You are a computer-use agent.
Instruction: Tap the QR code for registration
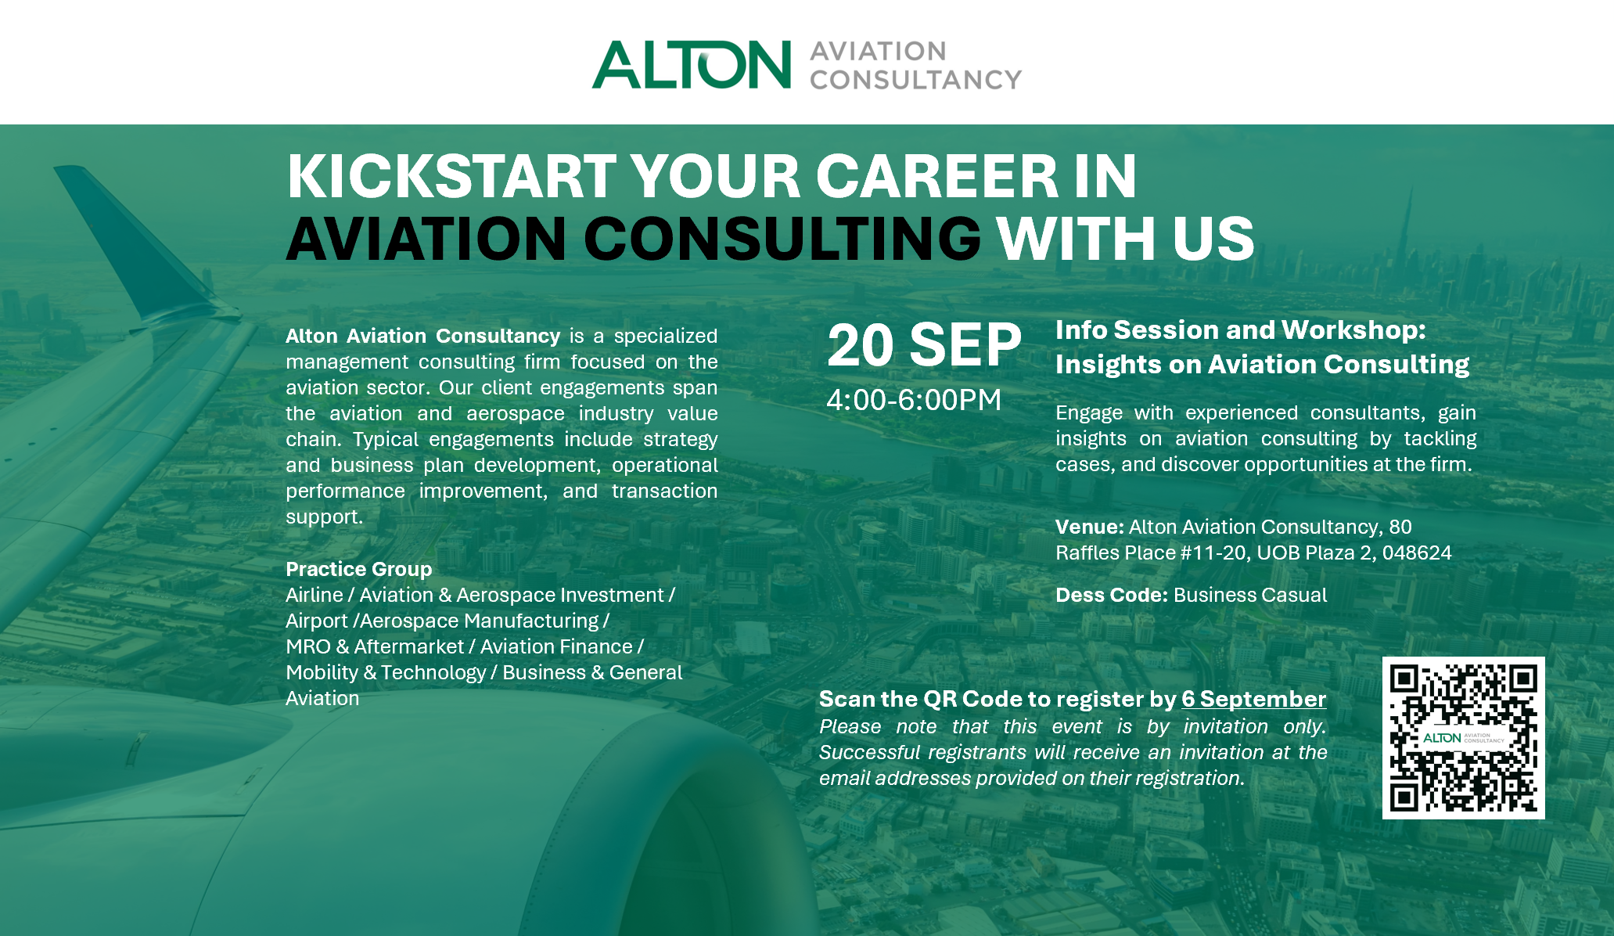(x=1463, y=738)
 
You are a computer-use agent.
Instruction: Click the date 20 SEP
(x=924, y=345)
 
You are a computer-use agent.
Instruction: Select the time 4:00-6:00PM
(x=914, y=400)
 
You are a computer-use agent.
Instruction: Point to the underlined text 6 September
(x=1253, y=699)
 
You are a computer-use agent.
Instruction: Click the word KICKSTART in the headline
(x=451, y=176)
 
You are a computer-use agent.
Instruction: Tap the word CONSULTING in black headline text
(x=782, y=239)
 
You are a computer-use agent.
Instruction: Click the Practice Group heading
(x=358, y=569)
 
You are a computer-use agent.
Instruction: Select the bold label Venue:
(x=1089, y=527)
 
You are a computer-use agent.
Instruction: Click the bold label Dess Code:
(x=1111, y=595)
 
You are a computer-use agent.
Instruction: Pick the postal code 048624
(x=1417, y=553)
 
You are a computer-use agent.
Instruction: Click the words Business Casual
(x=1250, y=595)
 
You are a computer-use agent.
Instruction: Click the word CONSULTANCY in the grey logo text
(x=915, y=80)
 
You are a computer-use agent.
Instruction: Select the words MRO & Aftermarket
(x=375, y=646)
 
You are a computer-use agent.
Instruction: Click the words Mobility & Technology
(x=386, y=672)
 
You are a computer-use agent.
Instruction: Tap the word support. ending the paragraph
(x=324, y=517)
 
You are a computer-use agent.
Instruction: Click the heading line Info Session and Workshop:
(x=1240, y=330)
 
